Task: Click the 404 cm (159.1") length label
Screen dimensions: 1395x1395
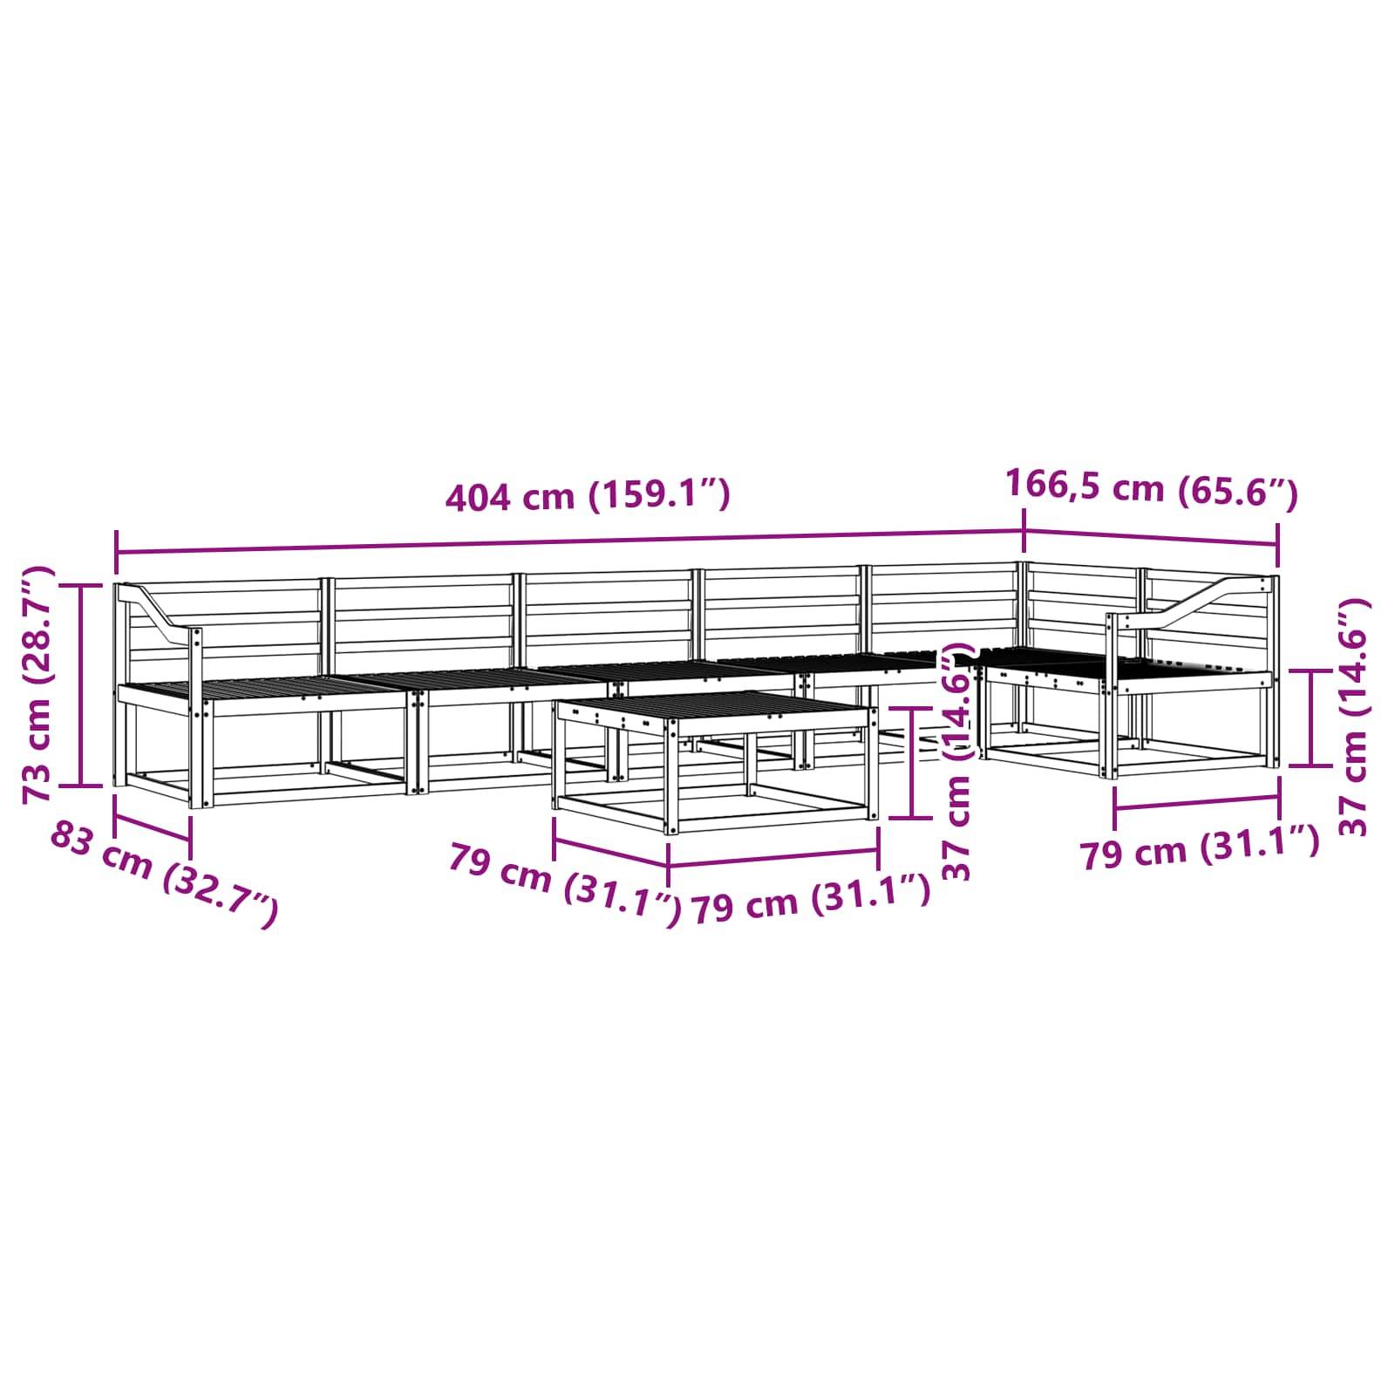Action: coord(587,495)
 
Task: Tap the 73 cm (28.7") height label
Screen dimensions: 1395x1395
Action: coord(38,684)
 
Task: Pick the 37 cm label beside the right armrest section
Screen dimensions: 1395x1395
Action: coord(1351,717)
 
